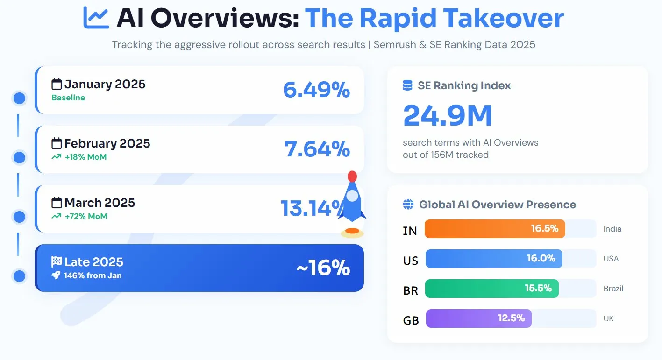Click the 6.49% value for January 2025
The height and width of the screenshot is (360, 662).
(316, 90)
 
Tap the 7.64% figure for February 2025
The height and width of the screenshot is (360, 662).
(317, 149)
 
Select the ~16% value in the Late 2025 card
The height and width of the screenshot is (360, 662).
(323, 268)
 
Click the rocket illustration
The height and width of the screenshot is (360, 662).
(352, 201)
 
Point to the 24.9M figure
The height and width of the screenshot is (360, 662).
(448, 116)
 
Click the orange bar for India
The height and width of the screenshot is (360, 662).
(495, 229)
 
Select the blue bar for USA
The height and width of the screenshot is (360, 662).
(493, 259)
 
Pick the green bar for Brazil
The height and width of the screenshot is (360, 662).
(491, 289)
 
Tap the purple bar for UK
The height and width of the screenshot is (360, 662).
(478, 318)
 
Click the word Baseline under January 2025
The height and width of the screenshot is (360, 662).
(68, 98)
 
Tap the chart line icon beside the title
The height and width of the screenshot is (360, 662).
(96, 18)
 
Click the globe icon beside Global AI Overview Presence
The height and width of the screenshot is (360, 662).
(408, 205)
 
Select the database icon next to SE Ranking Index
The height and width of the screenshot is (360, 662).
(407, 85)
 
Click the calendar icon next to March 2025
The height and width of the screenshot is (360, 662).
(57, 203)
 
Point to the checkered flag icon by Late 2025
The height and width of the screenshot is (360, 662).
(57, 262)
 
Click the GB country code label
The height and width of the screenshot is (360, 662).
(411, 320)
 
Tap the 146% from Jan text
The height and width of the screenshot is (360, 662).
(93, 275)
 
